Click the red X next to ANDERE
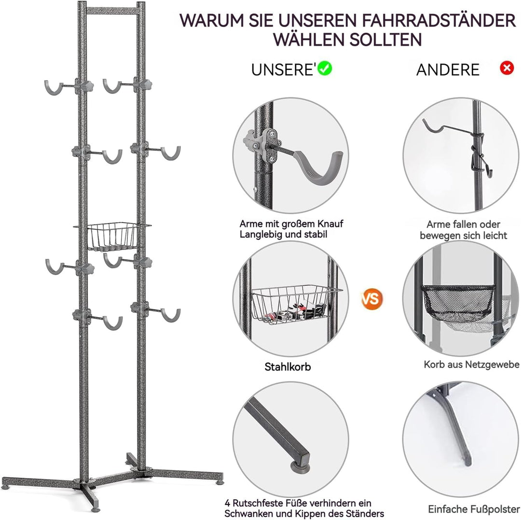point(507,68)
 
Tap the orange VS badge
point(372,298)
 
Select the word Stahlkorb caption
point(288,367)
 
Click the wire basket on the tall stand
point(112,236)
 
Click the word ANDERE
point(448,70)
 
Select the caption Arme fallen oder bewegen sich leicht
point(463,230)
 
